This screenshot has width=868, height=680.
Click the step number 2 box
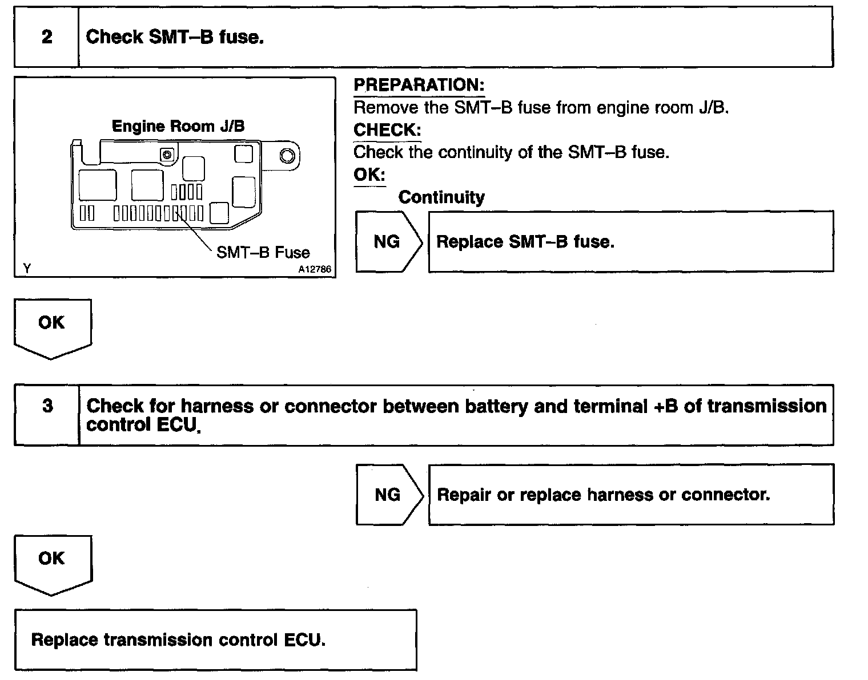(47, 37)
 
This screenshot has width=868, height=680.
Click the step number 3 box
(47, 406)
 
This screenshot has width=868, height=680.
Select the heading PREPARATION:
(419, 86)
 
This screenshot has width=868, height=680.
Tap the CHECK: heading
(387, 130)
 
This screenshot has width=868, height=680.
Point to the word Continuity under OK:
(441, 197)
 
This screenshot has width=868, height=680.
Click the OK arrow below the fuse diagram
(51, 326)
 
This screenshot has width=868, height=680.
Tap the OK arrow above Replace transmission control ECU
(52, 561)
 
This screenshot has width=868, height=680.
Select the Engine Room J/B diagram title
(178, 126)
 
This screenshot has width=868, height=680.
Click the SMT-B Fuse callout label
(263, 253)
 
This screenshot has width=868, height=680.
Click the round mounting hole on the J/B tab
(287, 156)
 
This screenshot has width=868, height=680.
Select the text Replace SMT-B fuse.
(525, 242)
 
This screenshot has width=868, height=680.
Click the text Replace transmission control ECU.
(178, 639)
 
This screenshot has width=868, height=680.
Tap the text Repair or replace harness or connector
(603, 495)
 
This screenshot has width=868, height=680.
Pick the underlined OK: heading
(369, 175)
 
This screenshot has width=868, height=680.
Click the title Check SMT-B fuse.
(174, 37)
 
